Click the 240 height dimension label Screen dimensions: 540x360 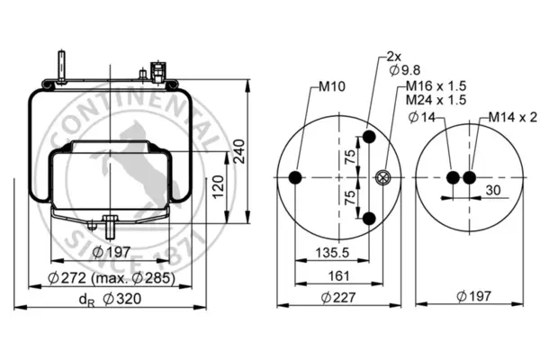point(239,151)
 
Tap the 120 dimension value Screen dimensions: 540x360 point(218,187)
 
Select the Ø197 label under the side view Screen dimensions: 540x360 point(112,252)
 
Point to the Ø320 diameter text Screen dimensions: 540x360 point(121,299)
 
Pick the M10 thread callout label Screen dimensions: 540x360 point(331,86)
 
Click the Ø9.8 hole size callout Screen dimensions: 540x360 point(405,70)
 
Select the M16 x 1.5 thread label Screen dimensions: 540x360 point(436,85)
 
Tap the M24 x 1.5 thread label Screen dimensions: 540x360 point(436,100)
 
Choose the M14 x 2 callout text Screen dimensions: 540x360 point(513,118)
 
